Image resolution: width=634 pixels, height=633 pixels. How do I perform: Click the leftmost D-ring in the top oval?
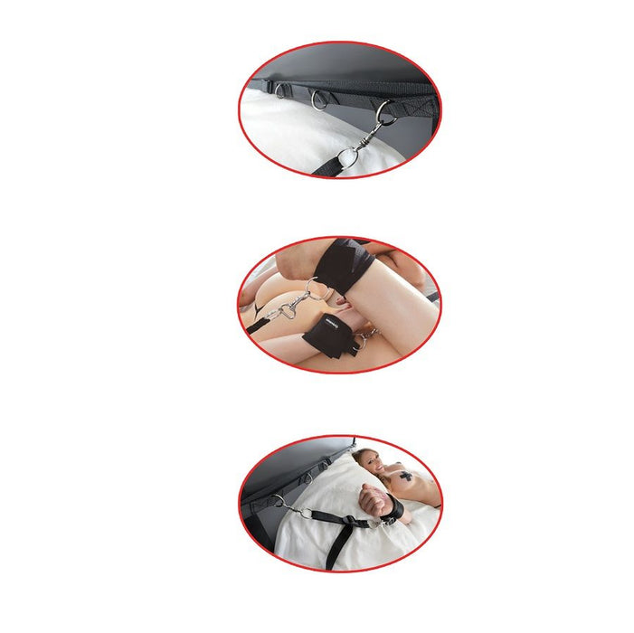(x=282, y=90)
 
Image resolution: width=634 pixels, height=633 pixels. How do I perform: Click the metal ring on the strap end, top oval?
(x=345, y=157)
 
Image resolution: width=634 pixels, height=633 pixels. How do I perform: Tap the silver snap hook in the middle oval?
(x=282, y=312)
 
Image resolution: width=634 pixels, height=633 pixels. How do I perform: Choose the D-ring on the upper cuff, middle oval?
(x=317, y=290)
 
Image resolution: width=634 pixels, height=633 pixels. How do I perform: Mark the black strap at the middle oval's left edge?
(x=256, y=326)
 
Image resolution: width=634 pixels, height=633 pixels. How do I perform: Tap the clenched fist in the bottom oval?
(x=371, y=496)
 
